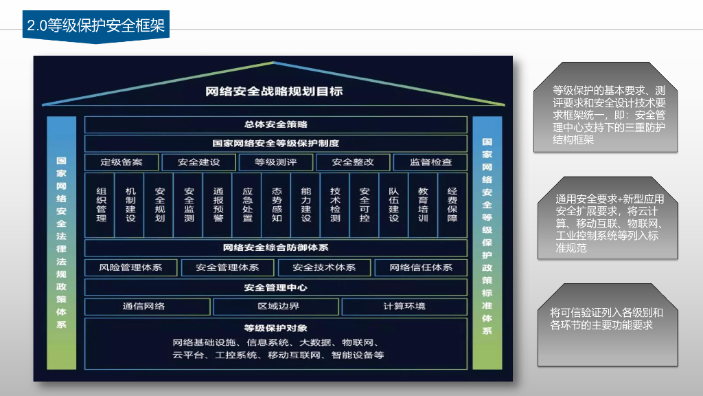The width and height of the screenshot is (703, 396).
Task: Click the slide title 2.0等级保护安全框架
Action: tap(95, 26)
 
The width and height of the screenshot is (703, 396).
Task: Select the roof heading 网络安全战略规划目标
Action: tap(274, 91)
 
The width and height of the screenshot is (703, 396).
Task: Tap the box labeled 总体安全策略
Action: tap(275, 124)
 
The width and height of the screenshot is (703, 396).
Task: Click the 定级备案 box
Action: tap(122, 162)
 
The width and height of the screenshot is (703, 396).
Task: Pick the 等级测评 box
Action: tap(275, 162)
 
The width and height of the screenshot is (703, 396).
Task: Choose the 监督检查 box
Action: tap(430, 162)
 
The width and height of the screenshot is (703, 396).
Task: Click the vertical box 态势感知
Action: tap(277, 204)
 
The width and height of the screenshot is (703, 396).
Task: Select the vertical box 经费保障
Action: tap(452, 204)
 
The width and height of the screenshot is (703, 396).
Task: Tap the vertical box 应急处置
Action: tap(248, 204)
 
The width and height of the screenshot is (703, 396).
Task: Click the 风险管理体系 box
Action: tap(130, 267)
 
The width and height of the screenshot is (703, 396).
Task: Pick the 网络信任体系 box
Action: tap(421, 267)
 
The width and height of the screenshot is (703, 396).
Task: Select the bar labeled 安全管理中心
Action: tap(275, 287)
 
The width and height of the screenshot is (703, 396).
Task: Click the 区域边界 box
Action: tap(275, 307)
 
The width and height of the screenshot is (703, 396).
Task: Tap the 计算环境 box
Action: tap(404, 307)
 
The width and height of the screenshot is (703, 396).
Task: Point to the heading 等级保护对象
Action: tap(275, 327)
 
